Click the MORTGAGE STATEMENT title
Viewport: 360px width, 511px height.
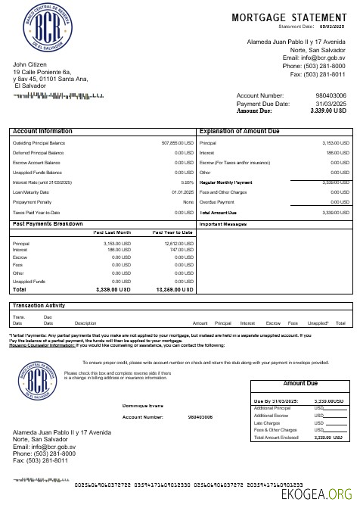pyautogui.click(x=290, y=17)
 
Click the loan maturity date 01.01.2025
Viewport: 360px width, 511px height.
pyautogui.click(x=183, y=192)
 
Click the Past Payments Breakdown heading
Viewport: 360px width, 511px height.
pyautogui.click(x=48, y=224)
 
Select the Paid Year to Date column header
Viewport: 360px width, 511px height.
pyautogui.click(x=172, y=233)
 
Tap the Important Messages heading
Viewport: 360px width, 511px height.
pyautogui.click(x=223, y=225)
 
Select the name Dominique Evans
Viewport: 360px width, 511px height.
pyautogui.click(x=143, y=406)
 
